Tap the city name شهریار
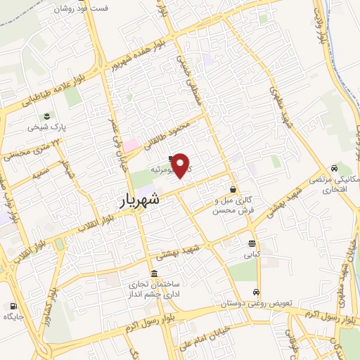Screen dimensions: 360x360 141,201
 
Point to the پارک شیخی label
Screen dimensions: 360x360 47,128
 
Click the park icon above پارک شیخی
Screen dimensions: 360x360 47,115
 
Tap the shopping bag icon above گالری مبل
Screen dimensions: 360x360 233,188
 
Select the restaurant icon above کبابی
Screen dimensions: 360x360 251,243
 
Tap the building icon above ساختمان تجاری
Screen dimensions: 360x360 154,274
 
